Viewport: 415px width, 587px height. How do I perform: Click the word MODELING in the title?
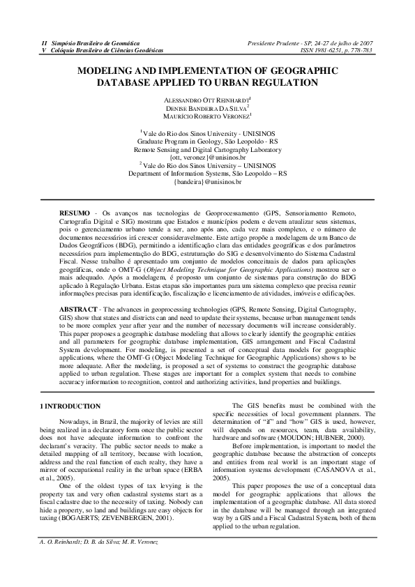(105, 71)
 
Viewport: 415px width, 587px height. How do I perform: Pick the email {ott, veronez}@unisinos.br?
(207, 157)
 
